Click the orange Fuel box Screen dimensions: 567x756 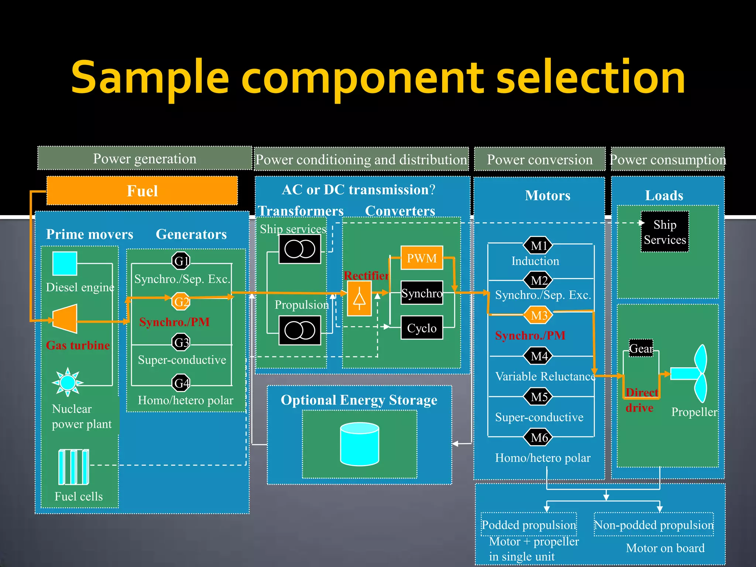pos(142,190)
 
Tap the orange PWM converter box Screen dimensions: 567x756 pos(422,258)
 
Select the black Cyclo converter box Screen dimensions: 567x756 pos(422,327)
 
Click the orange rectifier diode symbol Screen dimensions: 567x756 pos(359,298)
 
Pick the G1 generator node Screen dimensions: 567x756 pos(181,261)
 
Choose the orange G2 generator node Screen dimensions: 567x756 pos(181,301)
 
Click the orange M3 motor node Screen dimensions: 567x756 pos(539,315)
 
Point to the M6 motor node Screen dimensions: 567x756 pos(539,437)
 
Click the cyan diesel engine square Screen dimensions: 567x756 pos(65,263)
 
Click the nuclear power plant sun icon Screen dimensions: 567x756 pos(68,382)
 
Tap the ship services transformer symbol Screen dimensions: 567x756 pos(299,249)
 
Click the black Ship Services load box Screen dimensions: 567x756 pos(664,231)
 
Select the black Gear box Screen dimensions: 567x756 pos(641,348)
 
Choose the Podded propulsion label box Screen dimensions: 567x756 pos(529,524)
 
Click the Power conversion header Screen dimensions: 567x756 pos(539,159)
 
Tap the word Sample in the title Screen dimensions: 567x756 pos(150,78)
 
